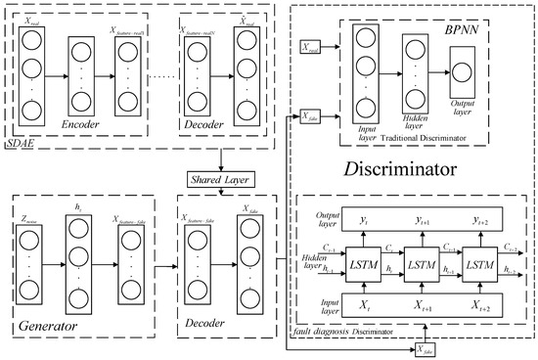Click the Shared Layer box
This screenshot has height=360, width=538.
(x=224, y=179)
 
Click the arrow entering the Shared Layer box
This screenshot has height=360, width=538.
(x=224, y=162)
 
